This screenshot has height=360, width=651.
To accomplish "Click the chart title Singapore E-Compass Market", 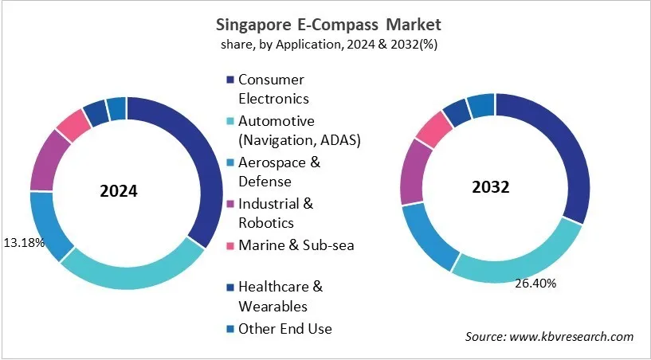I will coord(325,25).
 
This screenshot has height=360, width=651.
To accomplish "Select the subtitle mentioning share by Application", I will coord(325,45).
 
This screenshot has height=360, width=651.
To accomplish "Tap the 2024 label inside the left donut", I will coord(119,192).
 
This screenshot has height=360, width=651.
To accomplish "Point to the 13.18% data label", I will coord(25,241).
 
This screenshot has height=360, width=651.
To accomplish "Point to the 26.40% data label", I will coord(536,283).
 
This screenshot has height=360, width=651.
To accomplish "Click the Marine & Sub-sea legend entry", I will coord(296,245).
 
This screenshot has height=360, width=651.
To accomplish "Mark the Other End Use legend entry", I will coord(285,328).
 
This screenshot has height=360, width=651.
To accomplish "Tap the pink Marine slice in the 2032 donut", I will coord(434,129).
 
